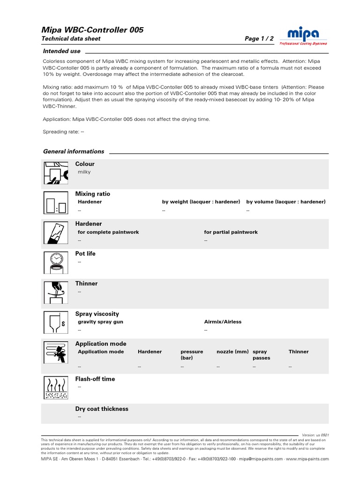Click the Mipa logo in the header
coord(303,36)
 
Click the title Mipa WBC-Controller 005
coord(93,30)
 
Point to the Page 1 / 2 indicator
coord(259,39)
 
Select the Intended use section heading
coord(61,51)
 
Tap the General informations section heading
coord(74,151)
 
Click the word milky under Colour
coord(84,172)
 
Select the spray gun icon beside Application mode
coord(56,353)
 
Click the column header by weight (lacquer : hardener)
coord(201,202)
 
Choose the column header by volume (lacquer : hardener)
coord(286,202)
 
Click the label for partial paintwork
coord(231,232)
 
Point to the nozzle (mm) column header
coord(232,352)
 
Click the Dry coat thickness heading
coord(102,409)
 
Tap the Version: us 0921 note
coord(315,435)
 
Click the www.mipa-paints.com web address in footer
coord(307,459)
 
